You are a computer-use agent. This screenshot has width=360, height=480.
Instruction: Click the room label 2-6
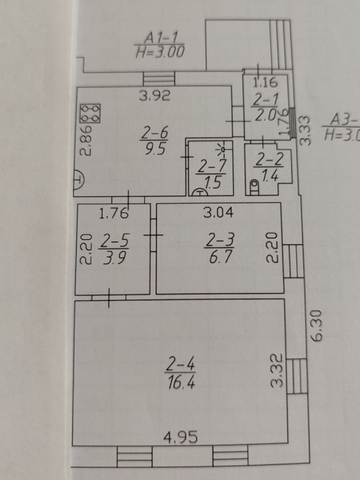tap(155, 133)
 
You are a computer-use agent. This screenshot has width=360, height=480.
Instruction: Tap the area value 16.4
tap(181, 382)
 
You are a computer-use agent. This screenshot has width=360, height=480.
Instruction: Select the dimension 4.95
tap(181, 437)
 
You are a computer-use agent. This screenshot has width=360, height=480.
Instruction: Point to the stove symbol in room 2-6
tap(90, 113)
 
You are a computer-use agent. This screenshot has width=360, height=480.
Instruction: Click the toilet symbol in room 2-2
tap(255, 187)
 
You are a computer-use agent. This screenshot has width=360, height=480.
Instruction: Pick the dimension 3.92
tap(155, 96)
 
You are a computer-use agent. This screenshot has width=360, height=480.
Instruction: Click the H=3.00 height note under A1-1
tap(160, 52)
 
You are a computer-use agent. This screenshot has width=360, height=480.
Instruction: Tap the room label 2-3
tap(219, 240)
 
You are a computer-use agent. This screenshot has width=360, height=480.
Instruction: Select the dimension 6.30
tap(316, 326)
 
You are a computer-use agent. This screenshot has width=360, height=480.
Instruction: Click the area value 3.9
tap(114, 258)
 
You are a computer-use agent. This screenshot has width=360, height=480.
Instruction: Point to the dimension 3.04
tap(218, 212)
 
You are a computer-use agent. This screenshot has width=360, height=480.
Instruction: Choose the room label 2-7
tap(212, 166)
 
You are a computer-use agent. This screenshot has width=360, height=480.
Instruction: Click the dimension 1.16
tap(265, 82)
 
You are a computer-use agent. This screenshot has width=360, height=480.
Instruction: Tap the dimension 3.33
tap(305, 130)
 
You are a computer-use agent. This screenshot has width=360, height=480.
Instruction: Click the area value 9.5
tap(156, 149)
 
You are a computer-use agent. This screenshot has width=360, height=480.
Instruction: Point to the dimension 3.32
tap(276, 370)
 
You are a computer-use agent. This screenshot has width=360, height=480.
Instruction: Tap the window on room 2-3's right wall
tap(293, 261)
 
